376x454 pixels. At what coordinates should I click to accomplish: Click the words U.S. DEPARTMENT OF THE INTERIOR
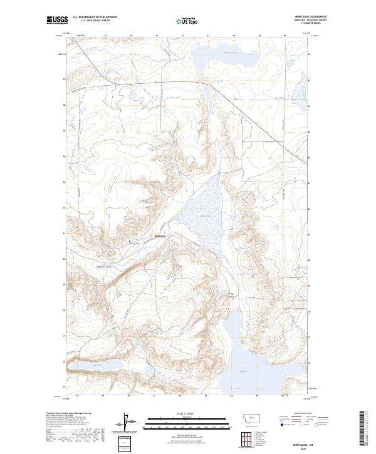coord(95,18)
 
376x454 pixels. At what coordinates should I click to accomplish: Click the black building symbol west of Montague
coord(130,241)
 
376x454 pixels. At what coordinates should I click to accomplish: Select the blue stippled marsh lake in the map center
coord(199,213)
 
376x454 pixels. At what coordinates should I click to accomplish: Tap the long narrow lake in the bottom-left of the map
coord(94,365)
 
